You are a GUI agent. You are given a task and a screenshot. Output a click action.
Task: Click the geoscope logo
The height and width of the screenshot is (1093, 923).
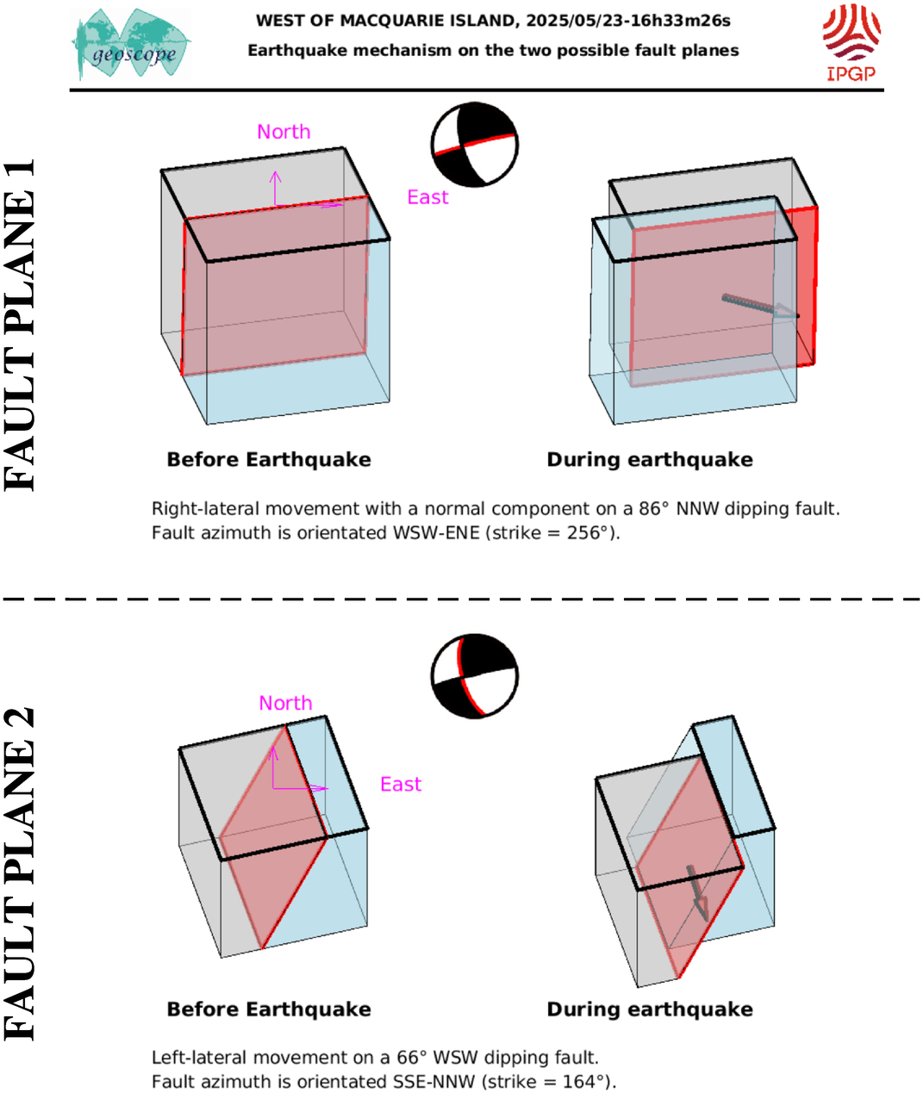click(x=131, y=45)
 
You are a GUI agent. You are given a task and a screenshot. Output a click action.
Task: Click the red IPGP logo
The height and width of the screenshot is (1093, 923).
click(x=851, y=43)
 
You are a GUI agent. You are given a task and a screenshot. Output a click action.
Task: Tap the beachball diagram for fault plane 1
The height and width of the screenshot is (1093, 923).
click(x=475, y=145)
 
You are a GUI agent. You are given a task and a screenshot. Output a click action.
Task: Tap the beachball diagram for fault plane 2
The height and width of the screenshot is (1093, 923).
click(x=475, y=676)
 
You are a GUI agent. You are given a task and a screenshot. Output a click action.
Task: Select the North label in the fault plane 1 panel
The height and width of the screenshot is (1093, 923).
click(x=284, y=132)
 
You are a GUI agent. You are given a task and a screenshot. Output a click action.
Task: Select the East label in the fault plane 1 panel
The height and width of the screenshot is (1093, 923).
click(x=427, y=197)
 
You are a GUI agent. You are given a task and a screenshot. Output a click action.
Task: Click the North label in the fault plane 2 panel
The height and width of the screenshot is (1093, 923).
click(x=285, y=703)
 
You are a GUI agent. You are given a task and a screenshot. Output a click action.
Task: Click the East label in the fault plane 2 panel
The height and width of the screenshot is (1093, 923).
click(x=401, y=784)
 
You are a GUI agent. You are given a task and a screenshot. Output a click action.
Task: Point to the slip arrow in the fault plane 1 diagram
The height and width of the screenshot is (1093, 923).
click(x=760, y=307)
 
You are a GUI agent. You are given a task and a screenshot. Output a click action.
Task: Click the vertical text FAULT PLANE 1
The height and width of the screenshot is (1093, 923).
click(x=20, y=325)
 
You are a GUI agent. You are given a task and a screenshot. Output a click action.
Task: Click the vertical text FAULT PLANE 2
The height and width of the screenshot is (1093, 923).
click(x=20, y=873)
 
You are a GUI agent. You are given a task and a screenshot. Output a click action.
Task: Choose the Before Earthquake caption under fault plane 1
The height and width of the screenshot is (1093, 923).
click(x=269, y=459)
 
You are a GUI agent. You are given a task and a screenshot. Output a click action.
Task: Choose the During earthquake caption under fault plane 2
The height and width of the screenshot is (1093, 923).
click(x=650, y=1009)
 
